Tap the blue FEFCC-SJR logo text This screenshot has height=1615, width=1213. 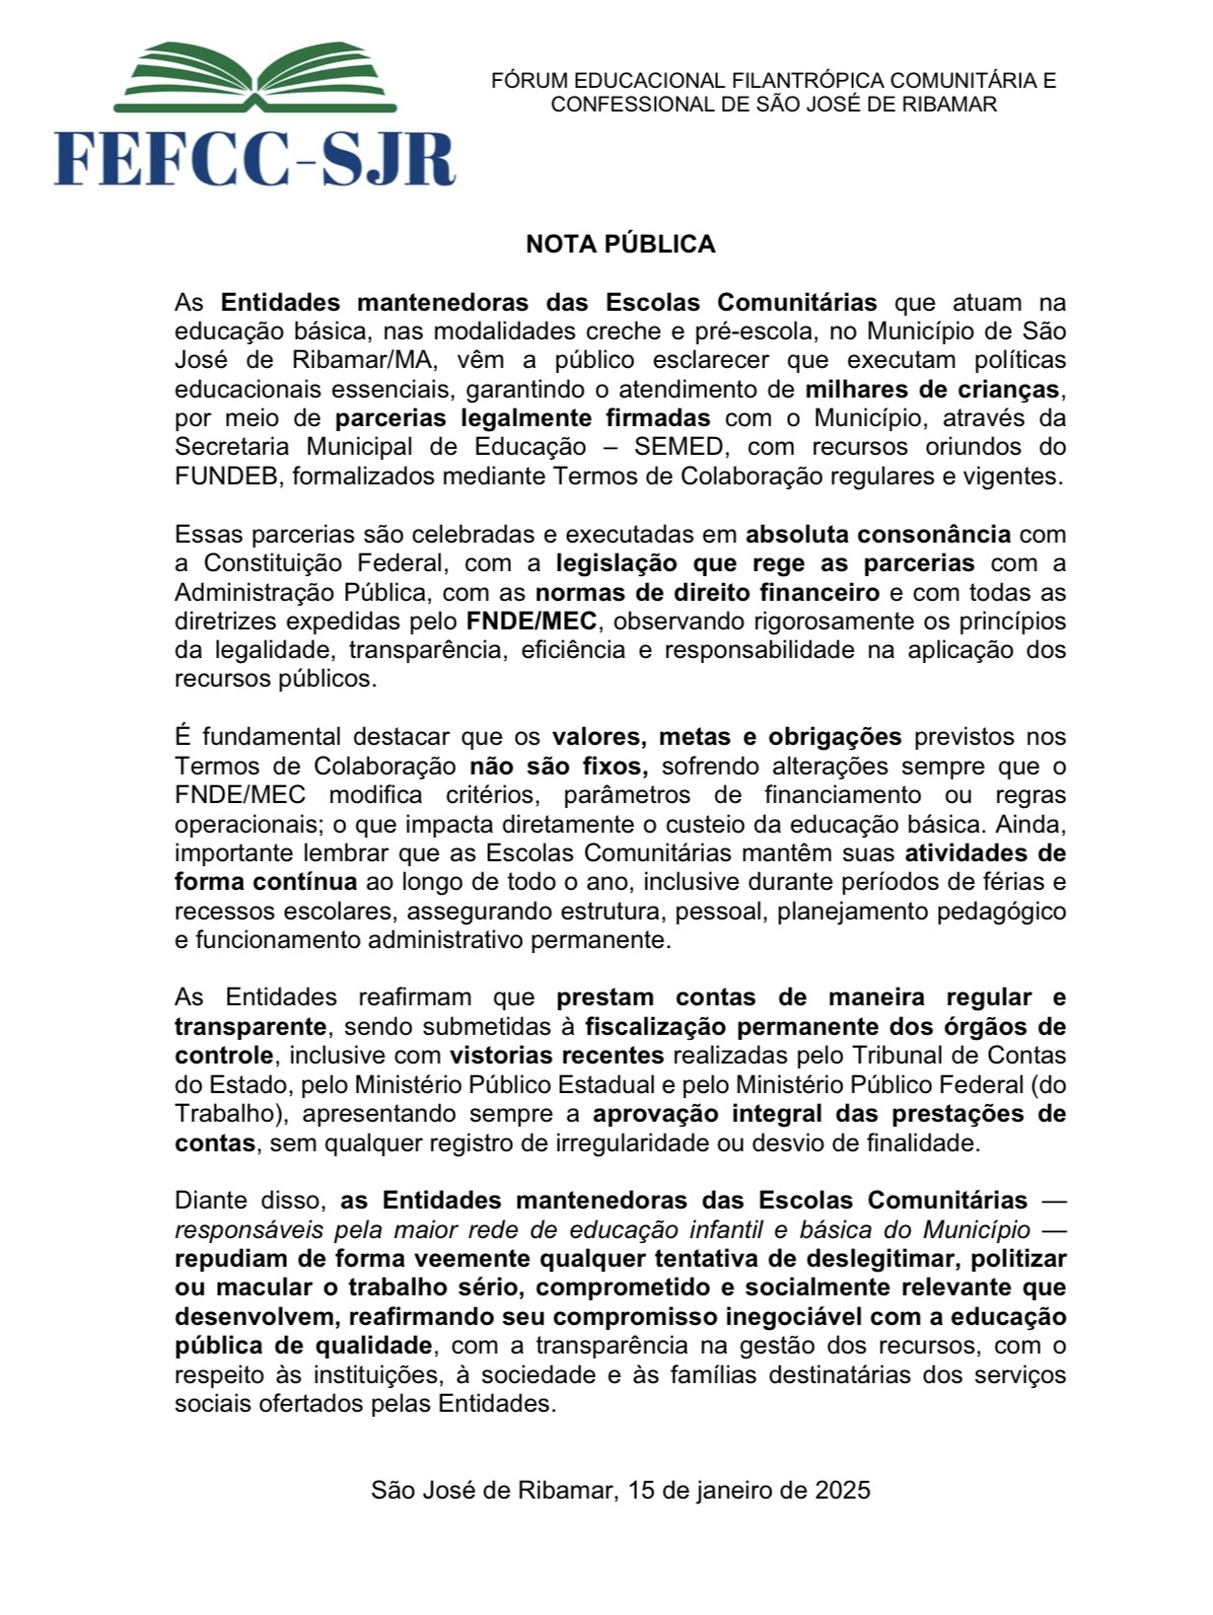(254, 159)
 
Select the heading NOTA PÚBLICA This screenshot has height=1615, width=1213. (620, 244)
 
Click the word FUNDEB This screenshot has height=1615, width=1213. (227, 476)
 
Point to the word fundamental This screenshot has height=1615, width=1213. (268, 736)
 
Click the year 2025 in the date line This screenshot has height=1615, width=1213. (842, 1490)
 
